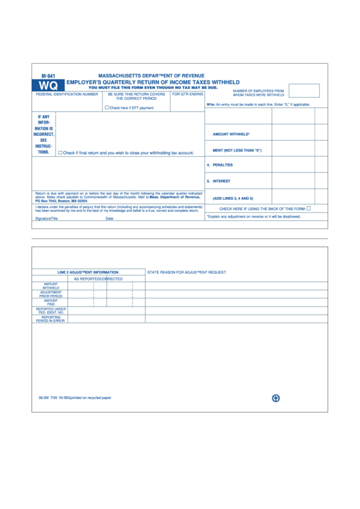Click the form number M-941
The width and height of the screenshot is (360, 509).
pyautogui.click(x=48, y=75)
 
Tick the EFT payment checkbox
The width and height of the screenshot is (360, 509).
pyautogui.click(x=107, y=107)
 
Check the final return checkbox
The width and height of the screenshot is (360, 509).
pyautogui.click(x=60, y=153)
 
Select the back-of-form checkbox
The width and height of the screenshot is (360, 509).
pyautogui.click(x=308, y=209)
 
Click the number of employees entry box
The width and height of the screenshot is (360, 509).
pyautogui.click(x=304, y=90)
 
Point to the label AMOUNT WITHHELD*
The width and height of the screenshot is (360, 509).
pyautogui.click(x=231, y=135)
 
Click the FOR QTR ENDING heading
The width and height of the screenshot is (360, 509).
pyautogui.click(x=187, y=94)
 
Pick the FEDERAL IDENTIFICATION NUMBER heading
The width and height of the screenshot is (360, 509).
pyautogui.click(x=67, y=94)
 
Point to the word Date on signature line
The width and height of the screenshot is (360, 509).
pyautogui.click(x=109, y=219)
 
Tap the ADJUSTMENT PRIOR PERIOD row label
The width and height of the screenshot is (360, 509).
pyautogui.click(x=51, y=294)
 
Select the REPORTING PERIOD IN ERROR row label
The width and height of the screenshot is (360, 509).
pyautogui.click(x=51, y=318)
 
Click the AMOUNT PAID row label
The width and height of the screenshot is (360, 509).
pyautogui.click(x=51, y=302)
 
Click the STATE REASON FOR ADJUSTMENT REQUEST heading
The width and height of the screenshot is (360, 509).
pyautogui.click(x=187, y=272)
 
